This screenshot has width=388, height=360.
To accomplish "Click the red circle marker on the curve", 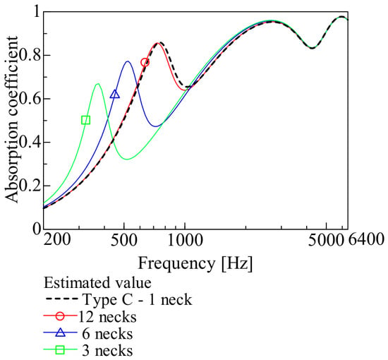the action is [x=145, y=62].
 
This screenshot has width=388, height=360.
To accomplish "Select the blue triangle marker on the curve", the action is [x=115, y=94].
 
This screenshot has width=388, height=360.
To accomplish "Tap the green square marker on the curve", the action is [x=85, y=120].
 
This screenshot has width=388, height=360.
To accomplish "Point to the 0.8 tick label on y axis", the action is [x=30, y=55].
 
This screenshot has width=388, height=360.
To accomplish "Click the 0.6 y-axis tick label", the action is [x=30, y=99].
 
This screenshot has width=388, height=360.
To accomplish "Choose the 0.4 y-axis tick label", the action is [x=30, y=143].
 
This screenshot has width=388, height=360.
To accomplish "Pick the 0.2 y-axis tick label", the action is [x=30, y=186].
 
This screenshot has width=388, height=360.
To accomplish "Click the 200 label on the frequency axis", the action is [x=57, y=239].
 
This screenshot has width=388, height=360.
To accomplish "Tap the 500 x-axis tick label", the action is [x=123, y=239].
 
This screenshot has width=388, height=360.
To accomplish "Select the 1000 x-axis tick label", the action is [x=185, y=239].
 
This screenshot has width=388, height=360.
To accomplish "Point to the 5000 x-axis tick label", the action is [x=326, y=239].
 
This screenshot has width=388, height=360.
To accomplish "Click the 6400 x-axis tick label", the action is [x=366, y=239].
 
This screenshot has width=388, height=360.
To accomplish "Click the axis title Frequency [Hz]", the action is [x=195, y=263].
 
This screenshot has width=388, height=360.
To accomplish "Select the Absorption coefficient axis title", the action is [x=11, y=119].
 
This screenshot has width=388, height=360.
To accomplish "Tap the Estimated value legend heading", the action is [x=97, y=283].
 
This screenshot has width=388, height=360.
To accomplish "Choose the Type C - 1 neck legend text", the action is [x=138, y=299].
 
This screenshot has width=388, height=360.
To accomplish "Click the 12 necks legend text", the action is [x=107, y=317].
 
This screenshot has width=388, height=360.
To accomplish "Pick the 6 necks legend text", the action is [x=107, y=333].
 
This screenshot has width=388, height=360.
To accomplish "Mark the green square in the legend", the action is [x=60, y=350].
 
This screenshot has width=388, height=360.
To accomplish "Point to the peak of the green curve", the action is [x=98, y=84].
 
